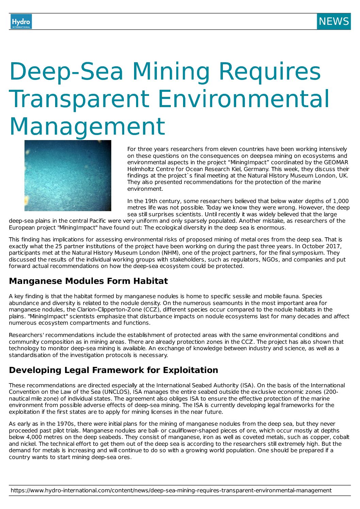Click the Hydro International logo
(21, 21)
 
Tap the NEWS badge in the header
(333, 21)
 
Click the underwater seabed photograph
(68, 175)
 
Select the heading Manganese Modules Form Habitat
(88, 281)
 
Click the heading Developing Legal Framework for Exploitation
(113, 370)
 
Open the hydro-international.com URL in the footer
(171, 490)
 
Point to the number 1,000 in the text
(341, 201)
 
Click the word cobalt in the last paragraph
(341, 437)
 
